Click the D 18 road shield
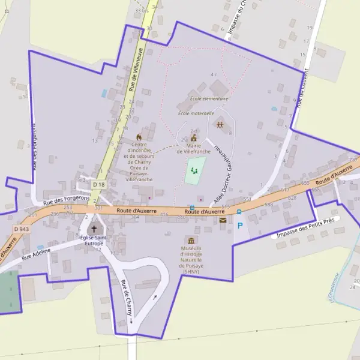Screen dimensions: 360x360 coord(99,184)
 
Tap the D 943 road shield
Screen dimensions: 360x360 coord(20,229)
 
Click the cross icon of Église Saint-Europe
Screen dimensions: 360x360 coord(94,229)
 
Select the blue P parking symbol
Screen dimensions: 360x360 coord(241,227)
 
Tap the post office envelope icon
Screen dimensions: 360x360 coord(223,220)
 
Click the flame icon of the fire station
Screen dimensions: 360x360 coord(140,137)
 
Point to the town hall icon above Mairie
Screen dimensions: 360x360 coord(193,137)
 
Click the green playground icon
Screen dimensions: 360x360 coord(194,170)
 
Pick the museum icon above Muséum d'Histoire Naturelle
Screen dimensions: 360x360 coord(192,239)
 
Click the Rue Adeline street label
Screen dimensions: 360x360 coord(34,257)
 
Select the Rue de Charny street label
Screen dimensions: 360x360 coord(126,298)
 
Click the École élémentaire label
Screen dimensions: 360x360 coord(209,98)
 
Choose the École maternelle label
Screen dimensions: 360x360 coord(196,113)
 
